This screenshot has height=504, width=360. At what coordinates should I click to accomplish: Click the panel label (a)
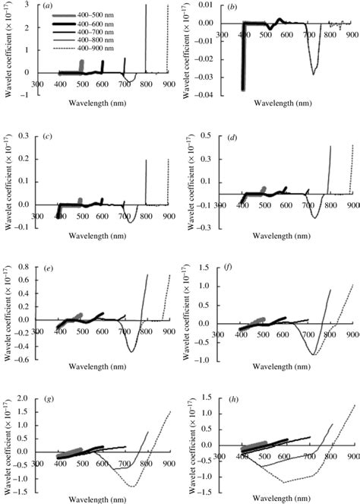(48, 7)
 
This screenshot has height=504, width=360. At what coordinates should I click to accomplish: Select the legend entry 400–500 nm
(86, 16)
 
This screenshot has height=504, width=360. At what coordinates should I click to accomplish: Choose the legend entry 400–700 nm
(86, 30)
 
